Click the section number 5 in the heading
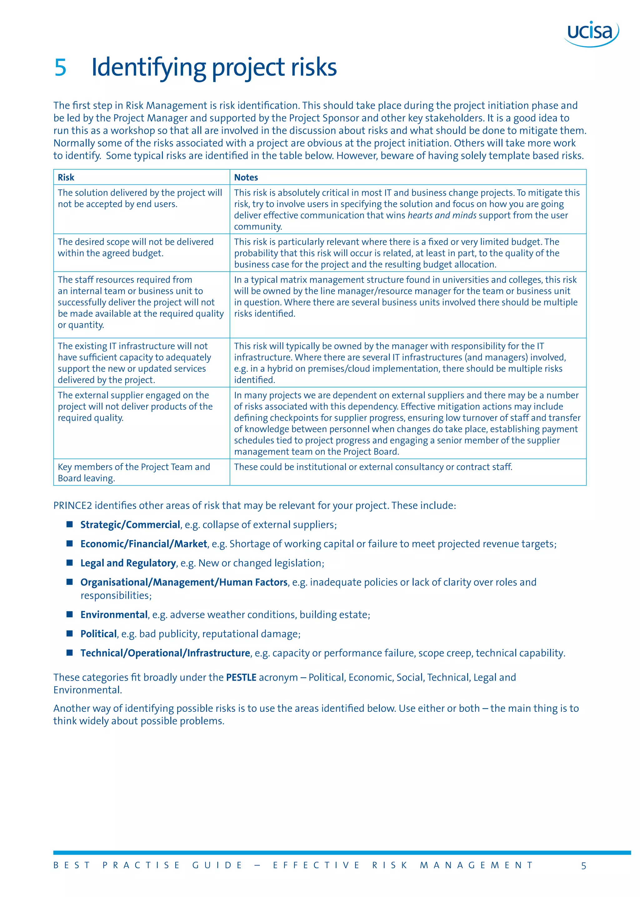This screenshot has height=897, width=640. pyautogui.click(x=60, y=67)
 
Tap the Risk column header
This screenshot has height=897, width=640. pyautogui.click(x=66, y=178)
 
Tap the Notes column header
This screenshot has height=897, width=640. pyautogui.click(x=246, y=178)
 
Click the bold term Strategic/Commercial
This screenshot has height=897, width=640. pyautogui.click(x=130, y=525)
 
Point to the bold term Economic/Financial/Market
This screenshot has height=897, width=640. pyautogui.click(x=143, y=544)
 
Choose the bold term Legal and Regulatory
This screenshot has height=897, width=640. pyautogui.click(x=128, y=563)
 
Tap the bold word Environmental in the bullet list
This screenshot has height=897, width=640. pyautogui.click(x=114, y=615)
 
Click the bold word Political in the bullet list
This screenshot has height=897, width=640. pyautogui.click(x=98, y=634)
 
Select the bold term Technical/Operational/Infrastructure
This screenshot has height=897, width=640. pyautogui.click(x=165, y=653)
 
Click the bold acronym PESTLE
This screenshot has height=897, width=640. pyautogui.click(x=241, y=678)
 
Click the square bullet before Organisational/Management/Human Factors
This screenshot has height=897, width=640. pyautogui.click(x=70, y=582)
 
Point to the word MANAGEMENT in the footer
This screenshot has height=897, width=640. pyautogui.click(x=477, y=865)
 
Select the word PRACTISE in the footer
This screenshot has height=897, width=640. pyautogui.click(x=141, y=865)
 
